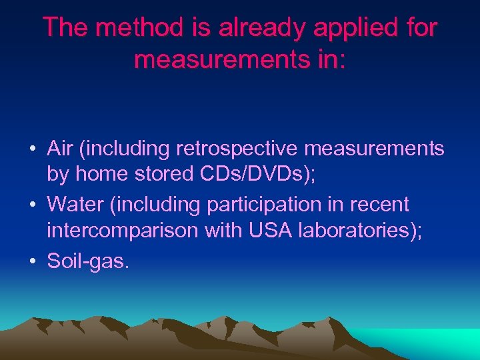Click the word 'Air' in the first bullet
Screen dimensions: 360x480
click(60, 148)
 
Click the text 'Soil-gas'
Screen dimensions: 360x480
click(87, 260)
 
